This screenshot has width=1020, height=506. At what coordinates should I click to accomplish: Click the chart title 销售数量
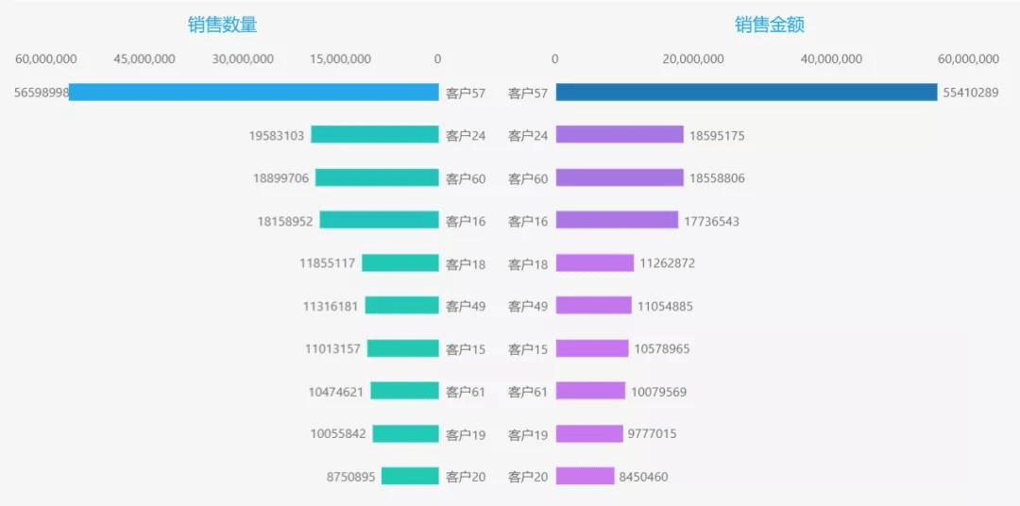pos(222,25)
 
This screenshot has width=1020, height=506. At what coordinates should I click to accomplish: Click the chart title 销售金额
pos(770,25)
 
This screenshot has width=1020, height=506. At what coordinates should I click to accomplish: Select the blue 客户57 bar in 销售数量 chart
pos(254,93)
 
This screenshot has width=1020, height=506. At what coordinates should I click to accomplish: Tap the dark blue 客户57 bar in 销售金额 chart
pos(746,93)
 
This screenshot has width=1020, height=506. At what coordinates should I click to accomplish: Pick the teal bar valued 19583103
pos(375,135)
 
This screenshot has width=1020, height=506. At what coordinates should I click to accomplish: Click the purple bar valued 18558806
pos(620,177)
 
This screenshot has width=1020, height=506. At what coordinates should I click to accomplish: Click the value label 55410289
pos(970,93)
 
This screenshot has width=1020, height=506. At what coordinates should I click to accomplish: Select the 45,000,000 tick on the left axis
pos(144,59)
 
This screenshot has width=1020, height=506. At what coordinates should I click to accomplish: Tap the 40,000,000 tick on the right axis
pos(831,59)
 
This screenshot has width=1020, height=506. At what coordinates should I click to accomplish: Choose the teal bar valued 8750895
pos(410,477)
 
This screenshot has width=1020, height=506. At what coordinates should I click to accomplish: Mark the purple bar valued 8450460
pos(585,477)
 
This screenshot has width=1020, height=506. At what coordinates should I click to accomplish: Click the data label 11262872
pos(667,263)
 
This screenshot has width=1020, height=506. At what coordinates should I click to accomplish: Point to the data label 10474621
pos(335,392)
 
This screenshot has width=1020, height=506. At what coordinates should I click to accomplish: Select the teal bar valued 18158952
pos(379,220)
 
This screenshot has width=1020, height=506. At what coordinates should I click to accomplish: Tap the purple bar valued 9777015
pos(589,434)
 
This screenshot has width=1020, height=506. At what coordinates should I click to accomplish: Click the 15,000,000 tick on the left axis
pos(340,59)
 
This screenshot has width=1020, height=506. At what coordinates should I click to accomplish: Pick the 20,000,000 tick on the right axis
pos(693,59)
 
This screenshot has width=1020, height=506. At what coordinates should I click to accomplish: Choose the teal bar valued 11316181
pos(401,306)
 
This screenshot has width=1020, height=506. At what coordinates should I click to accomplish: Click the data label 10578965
pos(662,349)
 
